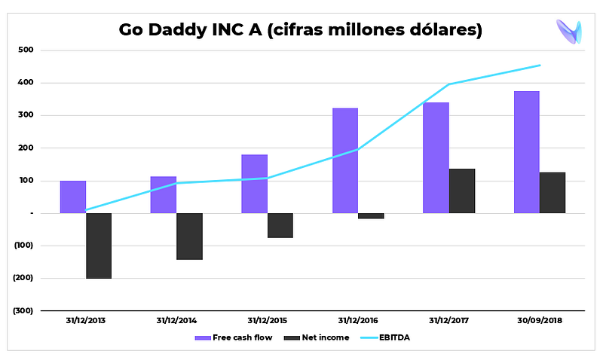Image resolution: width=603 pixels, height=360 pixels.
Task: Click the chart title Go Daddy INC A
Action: pyautogui.click(x=300, y=30)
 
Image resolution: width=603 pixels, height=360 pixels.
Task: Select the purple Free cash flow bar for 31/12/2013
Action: pyautogui.click(x=73, y=197)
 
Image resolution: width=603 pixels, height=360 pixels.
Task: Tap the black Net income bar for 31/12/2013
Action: pyautogui.click(x=99, y=246)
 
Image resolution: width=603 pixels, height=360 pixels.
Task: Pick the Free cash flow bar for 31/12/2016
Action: pyautogui.click(x=345, y=160)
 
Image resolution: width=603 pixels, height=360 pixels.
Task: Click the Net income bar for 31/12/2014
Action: pyautogui.click(x=189, y=236)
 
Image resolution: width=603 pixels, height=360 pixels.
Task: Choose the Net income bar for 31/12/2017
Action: pyautogui.click(x=462, y=191)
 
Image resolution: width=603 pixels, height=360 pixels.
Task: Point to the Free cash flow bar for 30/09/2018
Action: pyautogui.click(x=526, y=152)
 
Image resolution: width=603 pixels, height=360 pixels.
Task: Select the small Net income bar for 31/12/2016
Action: pyautogui.click(x=371, y=215)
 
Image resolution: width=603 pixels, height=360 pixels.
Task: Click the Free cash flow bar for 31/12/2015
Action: pyautogui.click(x=254, y=184)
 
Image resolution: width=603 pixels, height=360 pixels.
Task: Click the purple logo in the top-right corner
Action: pyautogui.click(x=568, y=31)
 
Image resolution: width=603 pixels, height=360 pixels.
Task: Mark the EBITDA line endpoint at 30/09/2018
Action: pyautogui.click(x=540, y=66)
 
